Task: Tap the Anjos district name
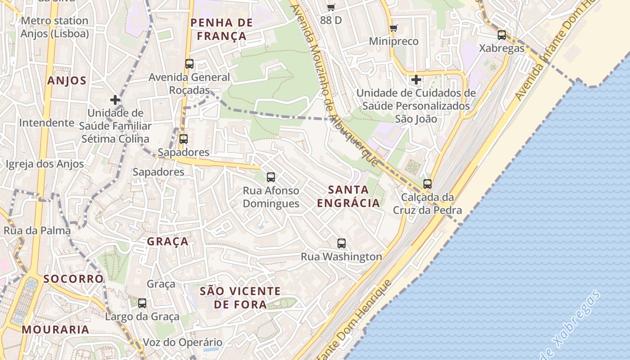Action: click(x=67, y=81)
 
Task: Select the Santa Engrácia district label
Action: click(x=348, y=196)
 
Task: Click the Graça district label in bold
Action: click(x=168, y=242)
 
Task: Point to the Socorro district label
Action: click(x=73, y=279)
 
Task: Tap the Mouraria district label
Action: click(x=55, y=329)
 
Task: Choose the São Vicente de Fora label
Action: click(x=240, y=298)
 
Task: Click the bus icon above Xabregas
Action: click(x=502, y=35)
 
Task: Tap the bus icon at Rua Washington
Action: click(x=342, y=243)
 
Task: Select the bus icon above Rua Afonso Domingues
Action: click(x=271, y=177)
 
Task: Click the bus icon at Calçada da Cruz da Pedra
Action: click(x=427, y=184)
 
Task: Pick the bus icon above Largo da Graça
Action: click(x=142, y=303)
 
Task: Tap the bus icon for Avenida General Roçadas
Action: click(x=189, y=64)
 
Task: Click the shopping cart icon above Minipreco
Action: click(x=394, y=28)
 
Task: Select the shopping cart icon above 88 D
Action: click(x=331, y=7)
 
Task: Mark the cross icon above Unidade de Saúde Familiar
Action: click(x=115, y=100)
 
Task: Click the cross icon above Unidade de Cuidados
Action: click(x=416, y=80)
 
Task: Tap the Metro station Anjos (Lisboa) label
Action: click(x=54, y=27)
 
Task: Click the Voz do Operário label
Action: click(x=183, y=342)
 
